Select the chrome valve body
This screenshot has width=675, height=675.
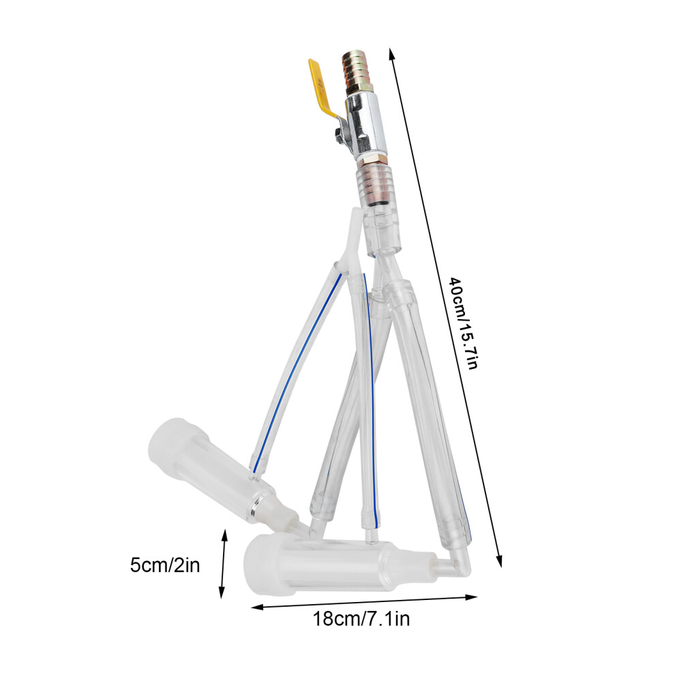click(364, 126)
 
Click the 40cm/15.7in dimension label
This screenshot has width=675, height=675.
click(462, 322)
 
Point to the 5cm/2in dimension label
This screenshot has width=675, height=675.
click(165, 565)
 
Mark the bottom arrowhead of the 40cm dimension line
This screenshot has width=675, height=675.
click(499, 561)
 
